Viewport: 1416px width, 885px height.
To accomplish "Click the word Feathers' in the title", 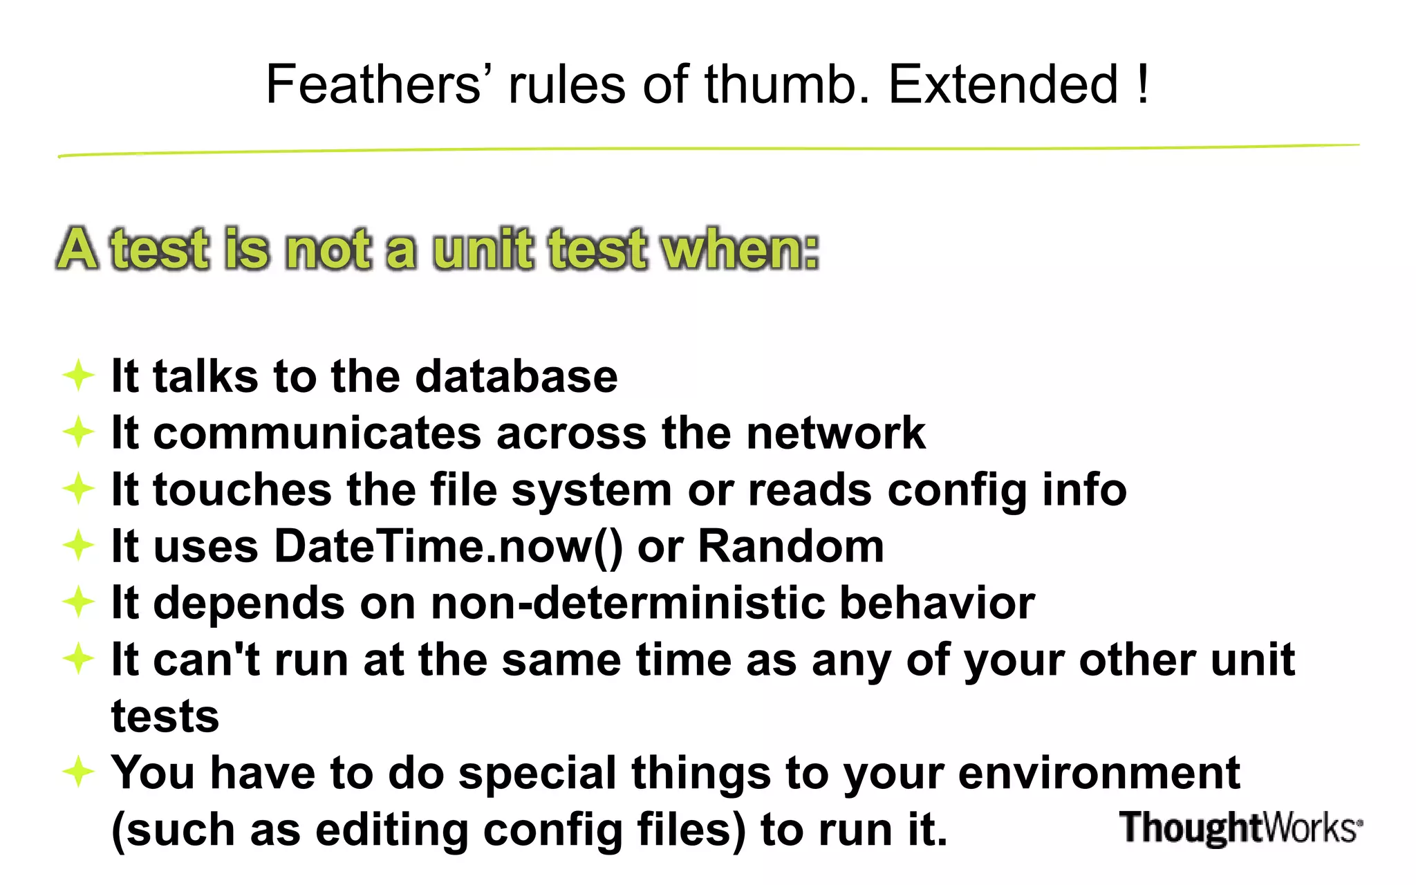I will (x=374, y=84).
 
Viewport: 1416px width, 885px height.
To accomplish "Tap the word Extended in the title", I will (x=1003, y=84).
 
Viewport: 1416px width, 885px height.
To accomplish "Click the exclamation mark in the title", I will (x=1142, y=84).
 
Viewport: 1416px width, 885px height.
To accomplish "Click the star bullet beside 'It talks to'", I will (x=78, y=375).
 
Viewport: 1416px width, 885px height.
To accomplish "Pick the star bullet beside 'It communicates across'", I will (x=78, y=432).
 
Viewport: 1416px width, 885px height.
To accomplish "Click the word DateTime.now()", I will (x=449, y=547).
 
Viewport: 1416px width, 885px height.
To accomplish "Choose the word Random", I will (x=791, y=547).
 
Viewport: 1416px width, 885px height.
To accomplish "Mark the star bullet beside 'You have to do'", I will (x=78, y=771).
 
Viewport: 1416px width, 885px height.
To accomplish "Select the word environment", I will (x=1099, y=774).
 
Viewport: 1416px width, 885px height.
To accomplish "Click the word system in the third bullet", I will (x=592, y=491).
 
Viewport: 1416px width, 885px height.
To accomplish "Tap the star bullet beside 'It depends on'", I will (x=78, y=602).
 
